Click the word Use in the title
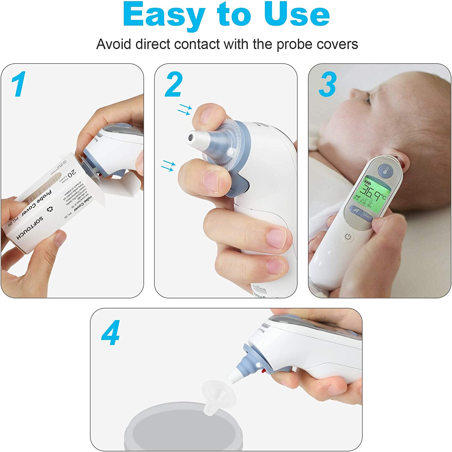pos(297,14)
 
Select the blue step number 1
pos(19,84)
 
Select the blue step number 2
pos(174,84)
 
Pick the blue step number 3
pos(327,85)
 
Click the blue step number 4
pos(111,333)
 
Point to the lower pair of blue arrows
pos(168,166)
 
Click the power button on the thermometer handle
pos(348,237)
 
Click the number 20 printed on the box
pos(72,174)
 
